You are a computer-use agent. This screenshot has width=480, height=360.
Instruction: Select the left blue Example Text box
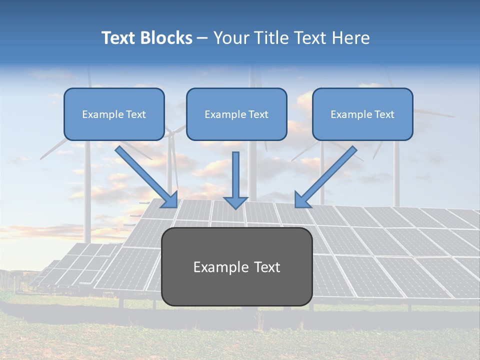coord(114,114)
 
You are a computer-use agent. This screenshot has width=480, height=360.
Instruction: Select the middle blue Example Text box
coord(236,114)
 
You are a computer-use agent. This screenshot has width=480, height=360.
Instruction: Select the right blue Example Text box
coord(362,114)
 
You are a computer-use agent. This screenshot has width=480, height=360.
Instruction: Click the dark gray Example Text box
coord(236,266)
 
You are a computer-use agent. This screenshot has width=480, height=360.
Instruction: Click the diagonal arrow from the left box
coord(145,175)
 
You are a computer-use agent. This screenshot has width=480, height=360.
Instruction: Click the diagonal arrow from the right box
coord(327,175)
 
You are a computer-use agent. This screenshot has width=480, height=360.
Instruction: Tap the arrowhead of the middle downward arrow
coord(235,202)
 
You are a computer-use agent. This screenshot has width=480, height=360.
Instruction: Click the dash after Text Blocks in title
coord(202,38)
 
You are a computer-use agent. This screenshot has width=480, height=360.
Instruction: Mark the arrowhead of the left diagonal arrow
coord(170,200)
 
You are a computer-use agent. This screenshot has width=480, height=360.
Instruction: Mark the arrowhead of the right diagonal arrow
coord(302,200)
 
